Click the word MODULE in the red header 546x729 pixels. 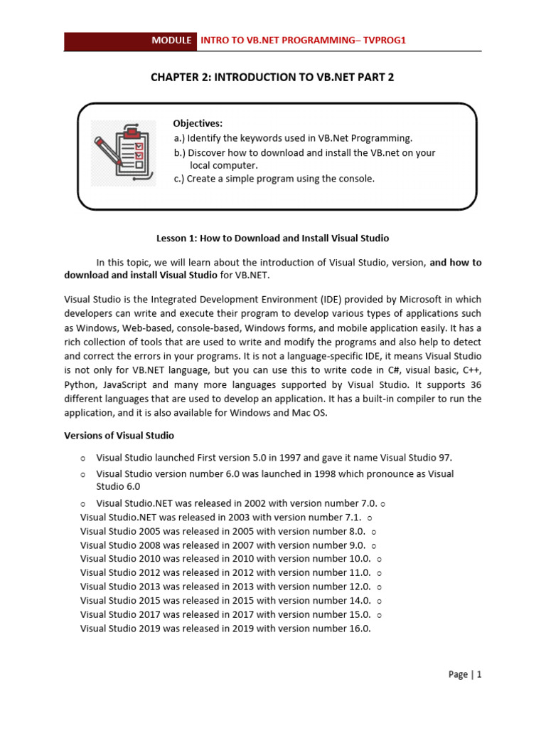coord(171,41)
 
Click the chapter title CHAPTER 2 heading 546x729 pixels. coord(272,77)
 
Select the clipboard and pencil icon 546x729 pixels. coord(124,152)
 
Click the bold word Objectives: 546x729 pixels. coord(198,123)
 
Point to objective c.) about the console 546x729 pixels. coord(274,179)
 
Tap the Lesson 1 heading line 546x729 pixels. coord(272,238)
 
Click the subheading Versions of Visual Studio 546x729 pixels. coord(119,435)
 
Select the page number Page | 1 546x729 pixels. coord(465,674)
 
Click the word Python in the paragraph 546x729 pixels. coord(80,385)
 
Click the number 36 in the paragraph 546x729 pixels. coord(474,385)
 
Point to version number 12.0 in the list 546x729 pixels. coord(358,587)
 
